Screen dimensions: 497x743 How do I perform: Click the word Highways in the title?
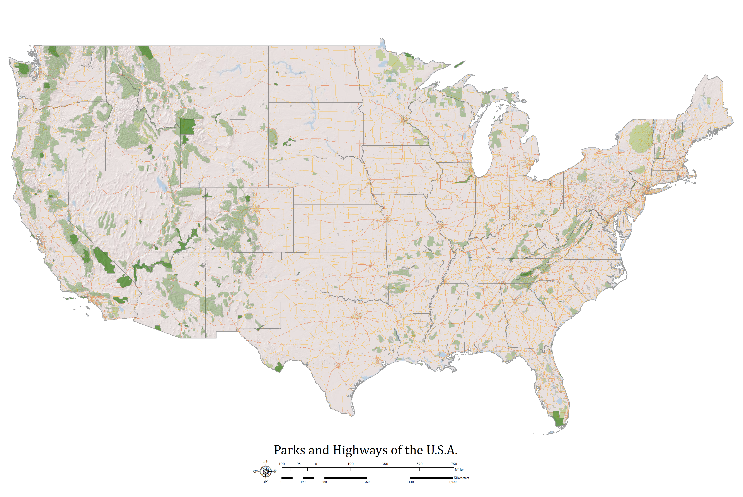(360, 450)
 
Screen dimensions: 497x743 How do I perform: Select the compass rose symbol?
(266, 471)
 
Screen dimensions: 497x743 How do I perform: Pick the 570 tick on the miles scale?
(419, 464)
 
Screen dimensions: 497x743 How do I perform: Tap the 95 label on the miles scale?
(298, 464)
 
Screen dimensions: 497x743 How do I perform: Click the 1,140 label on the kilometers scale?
(410, 482)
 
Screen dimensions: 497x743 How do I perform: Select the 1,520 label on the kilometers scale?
(452, 482)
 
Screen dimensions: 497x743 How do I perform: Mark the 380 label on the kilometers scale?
(324, 482)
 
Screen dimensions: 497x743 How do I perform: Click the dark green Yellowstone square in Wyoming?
(187, 127)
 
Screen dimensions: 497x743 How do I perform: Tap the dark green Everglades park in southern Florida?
(557, 419)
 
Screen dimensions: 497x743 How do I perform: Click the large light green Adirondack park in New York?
(641, 137)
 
